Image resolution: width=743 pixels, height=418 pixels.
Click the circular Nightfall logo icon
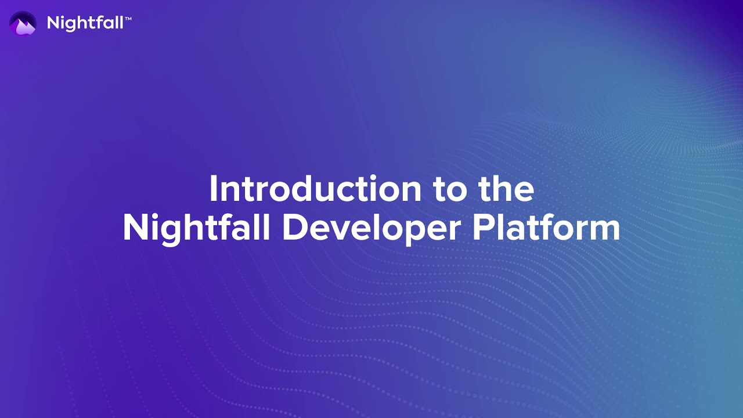click(x=23, y=23)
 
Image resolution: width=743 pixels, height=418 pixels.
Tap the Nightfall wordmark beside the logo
click(x=85, y=23)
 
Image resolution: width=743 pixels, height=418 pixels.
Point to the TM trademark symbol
click(x=128, y=20)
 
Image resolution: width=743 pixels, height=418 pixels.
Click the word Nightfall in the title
click(x=196, y=229)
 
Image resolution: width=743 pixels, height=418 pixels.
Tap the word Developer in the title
click(x=372, y=229)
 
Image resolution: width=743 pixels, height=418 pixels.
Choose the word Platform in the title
click(x=546, y=228)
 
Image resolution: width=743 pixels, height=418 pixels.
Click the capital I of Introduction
click(x=213, y=189)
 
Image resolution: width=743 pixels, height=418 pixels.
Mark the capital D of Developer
click(x=294, y=228)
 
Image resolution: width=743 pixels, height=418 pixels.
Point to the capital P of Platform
click(x=482, y=228)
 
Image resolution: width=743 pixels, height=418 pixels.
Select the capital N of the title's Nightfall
click(x=134, y=228)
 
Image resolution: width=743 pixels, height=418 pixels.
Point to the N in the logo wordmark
click(x=53, y=23)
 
